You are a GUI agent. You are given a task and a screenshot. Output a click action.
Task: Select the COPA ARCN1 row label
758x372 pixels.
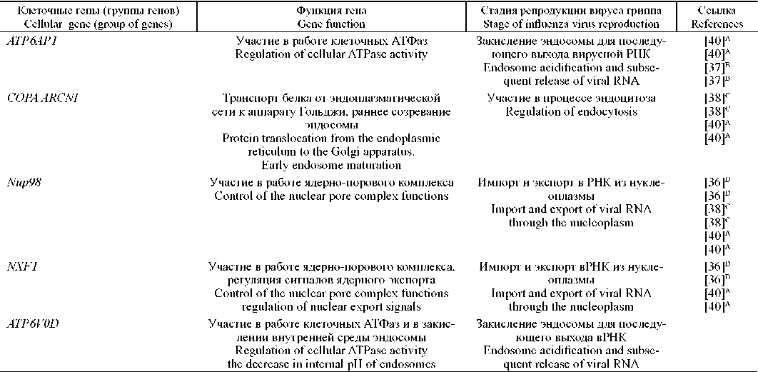[36, 98]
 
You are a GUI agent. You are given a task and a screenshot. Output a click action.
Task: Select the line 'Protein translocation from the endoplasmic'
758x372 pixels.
[331, 139]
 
